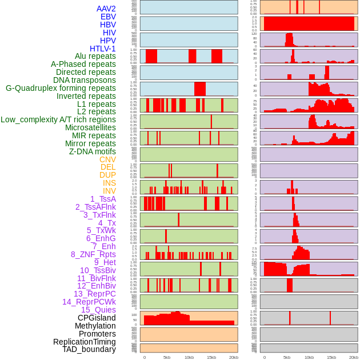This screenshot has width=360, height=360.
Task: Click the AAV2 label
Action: coord(106,9)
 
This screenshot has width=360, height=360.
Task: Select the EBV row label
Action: coord(108,17)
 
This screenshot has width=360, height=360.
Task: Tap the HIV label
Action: coord(109,33)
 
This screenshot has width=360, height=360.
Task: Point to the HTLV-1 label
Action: coord(102,49)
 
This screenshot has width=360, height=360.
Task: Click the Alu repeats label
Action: coord(95,56)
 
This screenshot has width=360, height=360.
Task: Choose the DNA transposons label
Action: coord(85,80)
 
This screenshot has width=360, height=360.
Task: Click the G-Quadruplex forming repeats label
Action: coord(61,88)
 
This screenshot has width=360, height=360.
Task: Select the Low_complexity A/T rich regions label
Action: coord(58,119)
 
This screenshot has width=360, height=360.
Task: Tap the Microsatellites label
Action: coord(90,127)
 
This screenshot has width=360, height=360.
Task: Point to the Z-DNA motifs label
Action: coord(93,151)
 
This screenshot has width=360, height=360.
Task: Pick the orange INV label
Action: coord(109,191)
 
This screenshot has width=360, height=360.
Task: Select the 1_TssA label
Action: coord(103,199)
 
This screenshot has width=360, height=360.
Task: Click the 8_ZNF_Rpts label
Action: coord(93,254)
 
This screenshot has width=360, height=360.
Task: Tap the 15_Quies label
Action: coord(98,310)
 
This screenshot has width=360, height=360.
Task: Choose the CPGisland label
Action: coord(97,318)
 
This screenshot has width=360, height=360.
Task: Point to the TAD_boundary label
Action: coord(89,349)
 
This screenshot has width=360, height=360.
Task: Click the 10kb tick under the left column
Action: coord(189,357)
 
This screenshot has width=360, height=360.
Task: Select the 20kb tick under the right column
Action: coord(354,357)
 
